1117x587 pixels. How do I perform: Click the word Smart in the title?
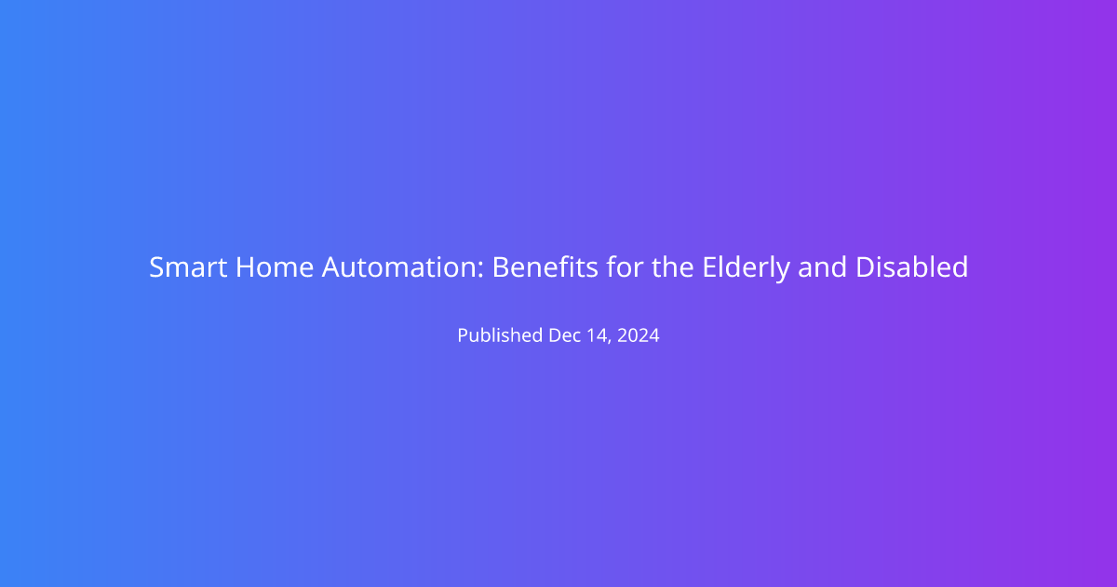pyautogui.click(x=188, y=267)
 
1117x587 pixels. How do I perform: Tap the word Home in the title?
pyautogui.click(x=275, y=267)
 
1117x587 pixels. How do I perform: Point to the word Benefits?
pyautogui.click(x=545, y=267)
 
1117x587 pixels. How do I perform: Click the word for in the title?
pyautogui.click(x=625, y=267)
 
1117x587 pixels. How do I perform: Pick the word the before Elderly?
pyautogui.click(x=673, y=267)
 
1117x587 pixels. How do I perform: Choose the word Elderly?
pyautogui.click(x=746, y=268)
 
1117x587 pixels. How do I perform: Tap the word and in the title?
pyautogui.click(x=822, y=267)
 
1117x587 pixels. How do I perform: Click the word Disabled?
pyautogui.click(x=912, y=267)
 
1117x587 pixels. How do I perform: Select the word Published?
pyautogui.click(x=500, y=334)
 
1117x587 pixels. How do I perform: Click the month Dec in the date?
pyautogui.click(x=565, y=335)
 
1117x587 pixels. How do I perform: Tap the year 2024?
pyautogui.click(x=639, y=335)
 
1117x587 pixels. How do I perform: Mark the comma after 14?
pyautogui.click(x=610, y=342)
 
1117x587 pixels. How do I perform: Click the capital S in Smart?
pyautogui.click(x=156, y=267)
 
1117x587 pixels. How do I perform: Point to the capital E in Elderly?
pyautogui.click(x=709, y=267)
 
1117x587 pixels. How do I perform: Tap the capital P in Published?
pyautogui.click(x=464, y=335)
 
